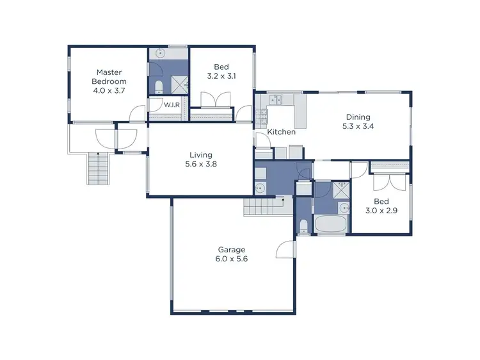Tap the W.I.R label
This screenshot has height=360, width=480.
[x=171, y=104]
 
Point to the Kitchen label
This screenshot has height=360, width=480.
[x=281, y=132]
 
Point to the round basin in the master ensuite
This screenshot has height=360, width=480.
[x=160, y=54]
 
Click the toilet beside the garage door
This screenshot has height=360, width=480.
[x=303, y=225]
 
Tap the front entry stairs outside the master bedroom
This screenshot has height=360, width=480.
[x=98, y=170]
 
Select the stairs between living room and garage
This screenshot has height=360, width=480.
[x=262, y=208]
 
